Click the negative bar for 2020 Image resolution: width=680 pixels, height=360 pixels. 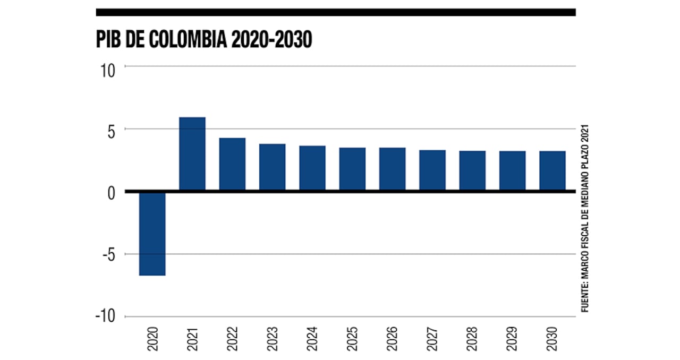pos(152,233)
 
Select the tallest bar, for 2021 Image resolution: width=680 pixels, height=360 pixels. pos(192,153)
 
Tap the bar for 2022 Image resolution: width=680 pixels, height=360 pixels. pos(232,164)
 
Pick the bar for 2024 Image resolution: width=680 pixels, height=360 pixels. pos(312,168)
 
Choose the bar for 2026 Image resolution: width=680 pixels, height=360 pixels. pos(392,169)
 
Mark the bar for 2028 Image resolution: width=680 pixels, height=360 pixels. pos(472,170)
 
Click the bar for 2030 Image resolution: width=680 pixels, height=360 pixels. pos(552,170)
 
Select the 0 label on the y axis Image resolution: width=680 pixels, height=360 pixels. pos(111,193)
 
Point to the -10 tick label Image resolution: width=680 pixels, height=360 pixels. pos(106,316)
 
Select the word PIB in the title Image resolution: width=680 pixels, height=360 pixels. pos(108,40)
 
